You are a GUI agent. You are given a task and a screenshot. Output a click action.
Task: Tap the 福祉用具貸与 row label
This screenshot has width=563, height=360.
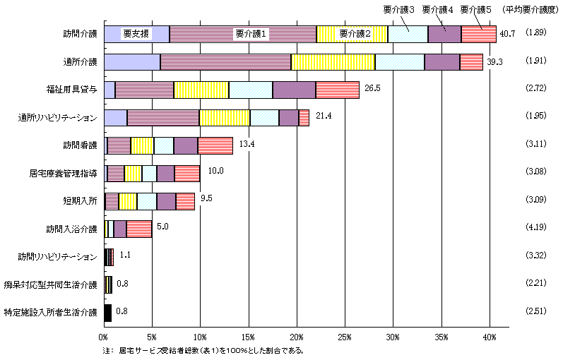pyautogui.click(x=73, y=90)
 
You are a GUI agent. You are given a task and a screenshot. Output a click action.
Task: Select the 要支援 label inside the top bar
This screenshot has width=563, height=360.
pyautogui.click(x=136, y=34)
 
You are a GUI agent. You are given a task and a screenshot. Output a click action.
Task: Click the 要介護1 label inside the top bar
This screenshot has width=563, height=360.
pyautogui.click(x=249, y=34)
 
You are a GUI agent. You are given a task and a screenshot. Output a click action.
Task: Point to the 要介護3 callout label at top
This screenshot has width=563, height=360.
pyautogui.click(x=400, y=9)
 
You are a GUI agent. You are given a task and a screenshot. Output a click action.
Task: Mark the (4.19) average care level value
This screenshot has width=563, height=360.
pyautogui.click(x=539, y=229)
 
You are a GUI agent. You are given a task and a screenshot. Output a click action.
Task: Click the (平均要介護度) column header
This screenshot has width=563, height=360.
pyautogui.click(x=530, y=9)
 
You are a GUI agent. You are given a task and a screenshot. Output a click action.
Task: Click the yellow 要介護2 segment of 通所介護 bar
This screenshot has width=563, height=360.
pyautogui.click(x=333, y=62)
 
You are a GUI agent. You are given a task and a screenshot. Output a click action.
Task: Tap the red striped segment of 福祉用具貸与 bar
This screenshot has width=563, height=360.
pyautogui.click(x=337, y=90)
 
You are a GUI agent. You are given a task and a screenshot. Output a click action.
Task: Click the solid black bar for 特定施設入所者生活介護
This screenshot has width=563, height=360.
pyautogui.click(x=107, y=312)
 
